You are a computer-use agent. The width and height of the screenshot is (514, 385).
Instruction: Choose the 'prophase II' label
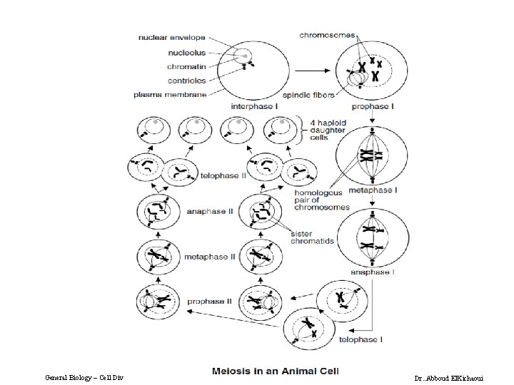coord(209,302)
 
